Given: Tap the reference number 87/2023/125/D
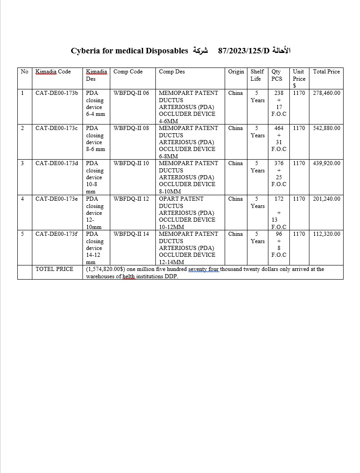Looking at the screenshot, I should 244,51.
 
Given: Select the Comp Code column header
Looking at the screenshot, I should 128,72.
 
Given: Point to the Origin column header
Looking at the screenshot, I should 236,72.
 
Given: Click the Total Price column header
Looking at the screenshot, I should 326,72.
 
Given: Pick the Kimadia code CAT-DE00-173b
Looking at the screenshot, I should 57,93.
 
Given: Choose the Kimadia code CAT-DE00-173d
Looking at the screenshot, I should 57,163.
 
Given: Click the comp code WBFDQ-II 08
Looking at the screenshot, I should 131,128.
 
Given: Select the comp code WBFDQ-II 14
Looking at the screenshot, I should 131,234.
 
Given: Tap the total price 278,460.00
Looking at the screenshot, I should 326,93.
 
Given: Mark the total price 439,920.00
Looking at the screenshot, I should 326,163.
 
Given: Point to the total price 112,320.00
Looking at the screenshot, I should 326,234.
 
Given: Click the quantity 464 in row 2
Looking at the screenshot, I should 279,128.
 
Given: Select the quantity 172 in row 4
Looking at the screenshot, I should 279,199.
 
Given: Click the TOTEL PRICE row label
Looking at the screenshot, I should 54,269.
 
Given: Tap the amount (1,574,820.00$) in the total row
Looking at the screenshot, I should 108,269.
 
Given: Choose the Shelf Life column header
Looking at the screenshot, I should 257,75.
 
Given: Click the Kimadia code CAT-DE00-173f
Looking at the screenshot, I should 57,234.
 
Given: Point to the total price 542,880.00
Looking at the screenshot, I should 326,128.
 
